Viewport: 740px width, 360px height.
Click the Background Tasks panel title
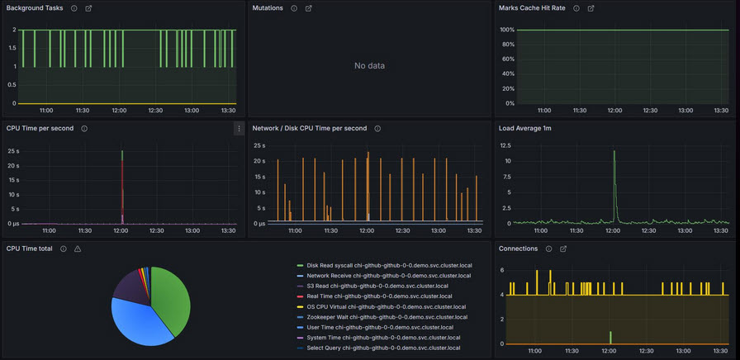tap(34, 8)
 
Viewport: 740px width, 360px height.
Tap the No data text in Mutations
tap(369, 66)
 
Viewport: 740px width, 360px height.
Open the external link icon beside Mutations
tap(309, 8)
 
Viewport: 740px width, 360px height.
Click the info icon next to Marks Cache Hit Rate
tap(576, 8)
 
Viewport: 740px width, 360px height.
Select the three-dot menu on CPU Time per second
tap(240, 129)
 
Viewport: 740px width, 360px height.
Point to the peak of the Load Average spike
tap(614, 151)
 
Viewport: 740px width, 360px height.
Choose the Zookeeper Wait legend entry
tap(387, 317)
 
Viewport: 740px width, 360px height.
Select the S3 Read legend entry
tap(377, 287)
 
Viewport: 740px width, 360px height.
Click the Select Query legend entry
tap(382, 348)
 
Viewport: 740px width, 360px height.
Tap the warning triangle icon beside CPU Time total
tap(78, 249)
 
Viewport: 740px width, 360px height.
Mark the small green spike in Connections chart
tap(610, 337)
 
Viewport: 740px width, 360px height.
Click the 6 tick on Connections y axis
tap(501, 270)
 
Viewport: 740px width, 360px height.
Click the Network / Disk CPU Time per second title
tap(309, 129)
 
